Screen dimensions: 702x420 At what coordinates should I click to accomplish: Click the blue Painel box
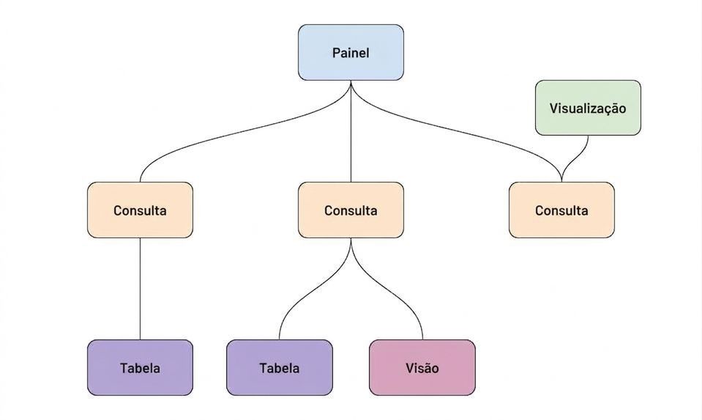coord(351,53)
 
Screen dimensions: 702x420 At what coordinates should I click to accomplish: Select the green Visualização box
coord(588,108)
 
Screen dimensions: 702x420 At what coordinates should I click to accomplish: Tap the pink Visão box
coord(422,367)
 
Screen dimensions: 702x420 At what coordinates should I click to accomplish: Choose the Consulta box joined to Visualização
coord(561,210)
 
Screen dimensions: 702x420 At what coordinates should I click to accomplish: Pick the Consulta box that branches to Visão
coord(351,210)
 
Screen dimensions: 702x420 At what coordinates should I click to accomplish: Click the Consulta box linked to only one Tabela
coord(140,210)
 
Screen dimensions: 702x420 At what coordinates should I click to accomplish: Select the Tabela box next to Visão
coord(280,367)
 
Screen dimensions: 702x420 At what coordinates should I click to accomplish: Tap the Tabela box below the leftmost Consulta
coord(140,367)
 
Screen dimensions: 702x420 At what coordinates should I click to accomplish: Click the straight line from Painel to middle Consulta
coord(351,131)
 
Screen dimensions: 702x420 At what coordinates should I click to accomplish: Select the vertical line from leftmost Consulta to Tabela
coord(140,289)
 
